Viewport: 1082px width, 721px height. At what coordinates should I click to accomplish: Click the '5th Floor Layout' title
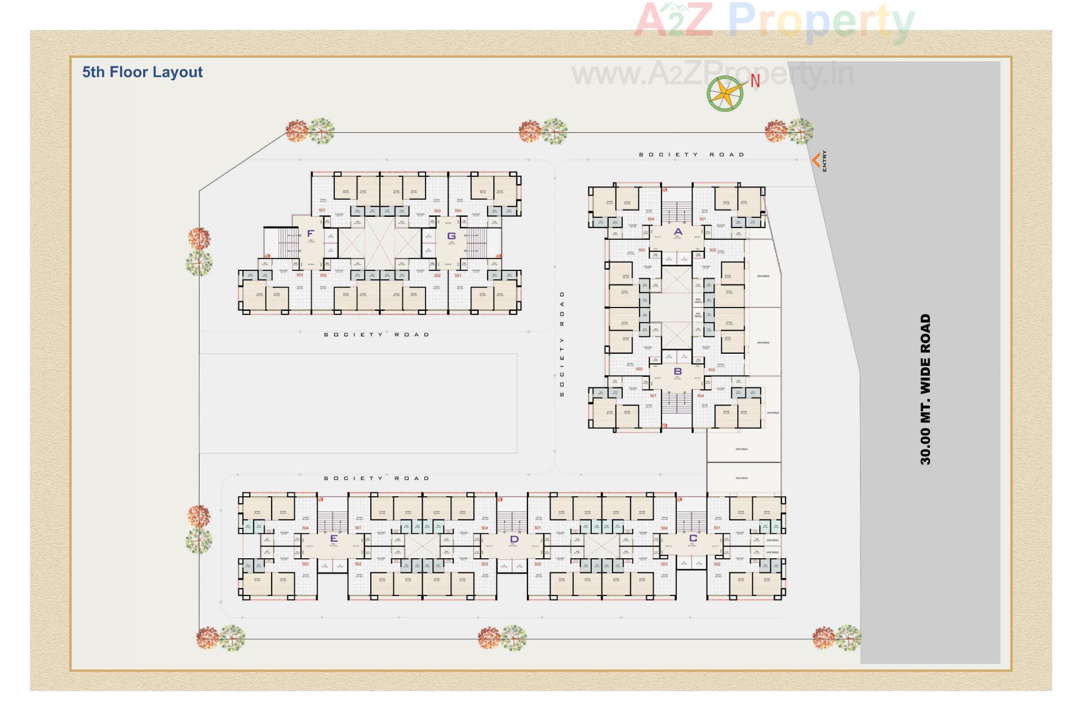click(x=142, y=72)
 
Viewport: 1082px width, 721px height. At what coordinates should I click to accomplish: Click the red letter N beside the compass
click(x=755, y=81)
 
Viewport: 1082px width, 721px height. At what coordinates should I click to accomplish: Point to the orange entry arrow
click(x=815, y=161)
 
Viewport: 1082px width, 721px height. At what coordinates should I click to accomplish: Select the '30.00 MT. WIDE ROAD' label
click(x=925, y=389)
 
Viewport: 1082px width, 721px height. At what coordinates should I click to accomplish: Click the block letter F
click(x=311, y=233)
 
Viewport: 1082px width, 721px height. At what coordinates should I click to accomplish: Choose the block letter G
click(x=451, y=236)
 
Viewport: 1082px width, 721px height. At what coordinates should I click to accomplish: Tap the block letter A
click(x=678, y=232)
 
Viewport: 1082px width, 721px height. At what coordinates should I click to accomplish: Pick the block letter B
click(x=678, y=371)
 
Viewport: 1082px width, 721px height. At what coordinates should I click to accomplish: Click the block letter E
click(x=334, y=538)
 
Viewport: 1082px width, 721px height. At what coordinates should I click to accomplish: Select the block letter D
click(x=513, y=539)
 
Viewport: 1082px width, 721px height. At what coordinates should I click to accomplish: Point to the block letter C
click(x=693, y=538)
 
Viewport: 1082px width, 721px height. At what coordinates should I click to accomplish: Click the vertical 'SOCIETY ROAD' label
click(x=562, y=344)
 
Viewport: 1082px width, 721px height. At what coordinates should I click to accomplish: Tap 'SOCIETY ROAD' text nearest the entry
click(x=691, y=154)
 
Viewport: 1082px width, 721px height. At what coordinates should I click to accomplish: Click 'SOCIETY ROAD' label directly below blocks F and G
click(x=376, y=335)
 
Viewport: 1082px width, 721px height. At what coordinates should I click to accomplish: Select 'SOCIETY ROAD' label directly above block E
click(x=376, y=478)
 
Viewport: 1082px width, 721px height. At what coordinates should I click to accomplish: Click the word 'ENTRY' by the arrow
click(x=825, y=161)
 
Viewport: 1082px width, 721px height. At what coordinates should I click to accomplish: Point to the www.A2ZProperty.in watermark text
click(x=712, y=75)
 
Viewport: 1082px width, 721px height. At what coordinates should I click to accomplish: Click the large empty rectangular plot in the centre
click(x=358, y=403)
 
